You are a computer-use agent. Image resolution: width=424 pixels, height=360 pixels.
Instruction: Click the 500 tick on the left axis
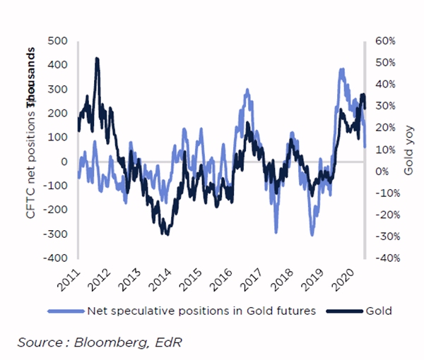click(x=57, y=41)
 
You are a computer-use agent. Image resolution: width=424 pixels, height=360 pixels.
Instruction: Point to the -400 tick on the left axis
click(x=56, y=258)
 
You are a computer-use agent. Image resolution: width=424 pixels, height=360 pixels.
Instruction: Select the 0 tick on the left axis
click(x=65, y=162)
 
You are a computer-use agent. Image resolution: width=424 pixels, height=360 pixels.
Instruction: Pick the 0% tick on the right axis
click(x=381, y=172)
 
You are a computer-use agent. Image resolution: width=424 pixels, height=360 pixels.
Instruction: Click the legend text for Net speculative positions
click(x=200, y=310)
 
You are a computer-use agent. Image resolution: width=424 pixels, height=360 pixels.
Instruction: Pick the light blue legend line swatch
click(x=65, y=310)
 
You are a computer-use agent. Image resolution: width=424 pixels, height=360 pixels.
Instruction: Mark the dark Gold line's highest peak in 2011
click(x=97, y=59)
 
